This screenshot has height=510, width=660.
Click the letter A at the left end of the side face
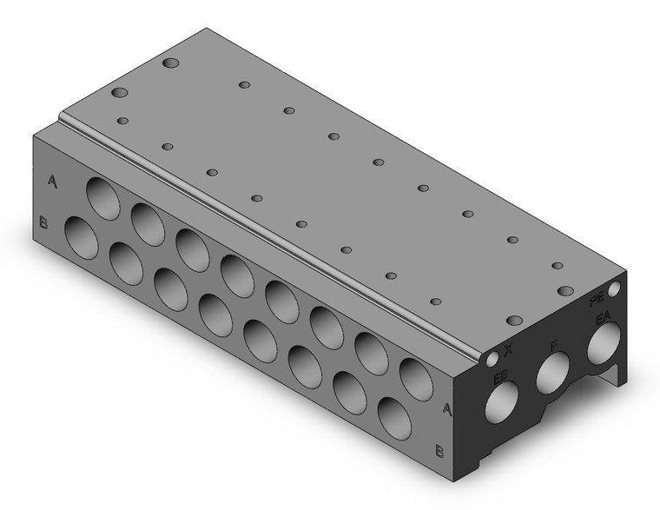[54, 182]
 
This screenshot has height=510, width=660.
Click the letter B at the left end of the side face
[44, 224]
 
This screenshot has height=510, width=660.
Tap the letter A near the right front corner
[447, 408]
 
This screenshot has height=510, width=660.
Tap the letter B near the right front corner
[439, 450]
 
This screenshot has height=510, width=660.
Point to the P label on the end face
[553, 347]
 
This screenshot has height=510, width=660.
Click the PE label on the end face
[597, 300]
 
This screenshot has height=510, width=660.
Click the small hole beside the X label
[493, 357]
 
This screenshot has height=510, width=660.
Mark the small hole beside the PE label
[615, 288]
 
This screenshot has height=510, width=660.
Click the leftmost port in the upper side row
[103, 196]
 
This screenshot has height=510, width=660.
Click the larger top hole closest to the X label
[513, 321]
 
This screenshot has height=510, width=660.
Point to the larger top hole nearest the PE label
[565, 291]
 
